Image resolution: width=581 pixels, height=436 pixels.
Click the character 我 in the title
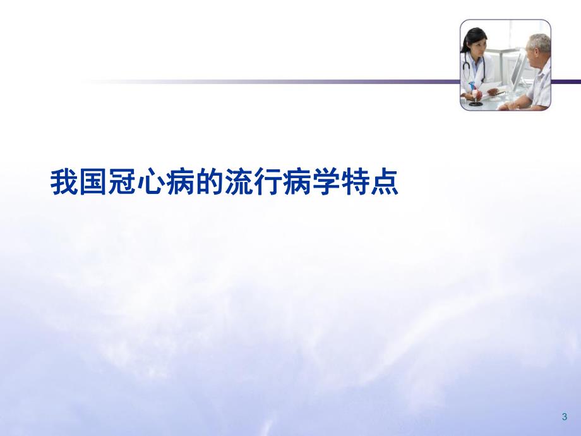pyautogui.click(x=64, y=181)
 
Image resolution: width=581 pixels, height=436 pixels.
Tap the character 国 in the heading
pyautogui.click(x=93, y=181)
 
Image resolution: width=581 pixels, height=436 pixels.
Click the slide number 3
pyautogui.click(x=564, y=416)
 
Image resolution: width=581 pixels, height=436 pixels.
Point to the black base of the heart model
pyautogui.click(x=476, y=103)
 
